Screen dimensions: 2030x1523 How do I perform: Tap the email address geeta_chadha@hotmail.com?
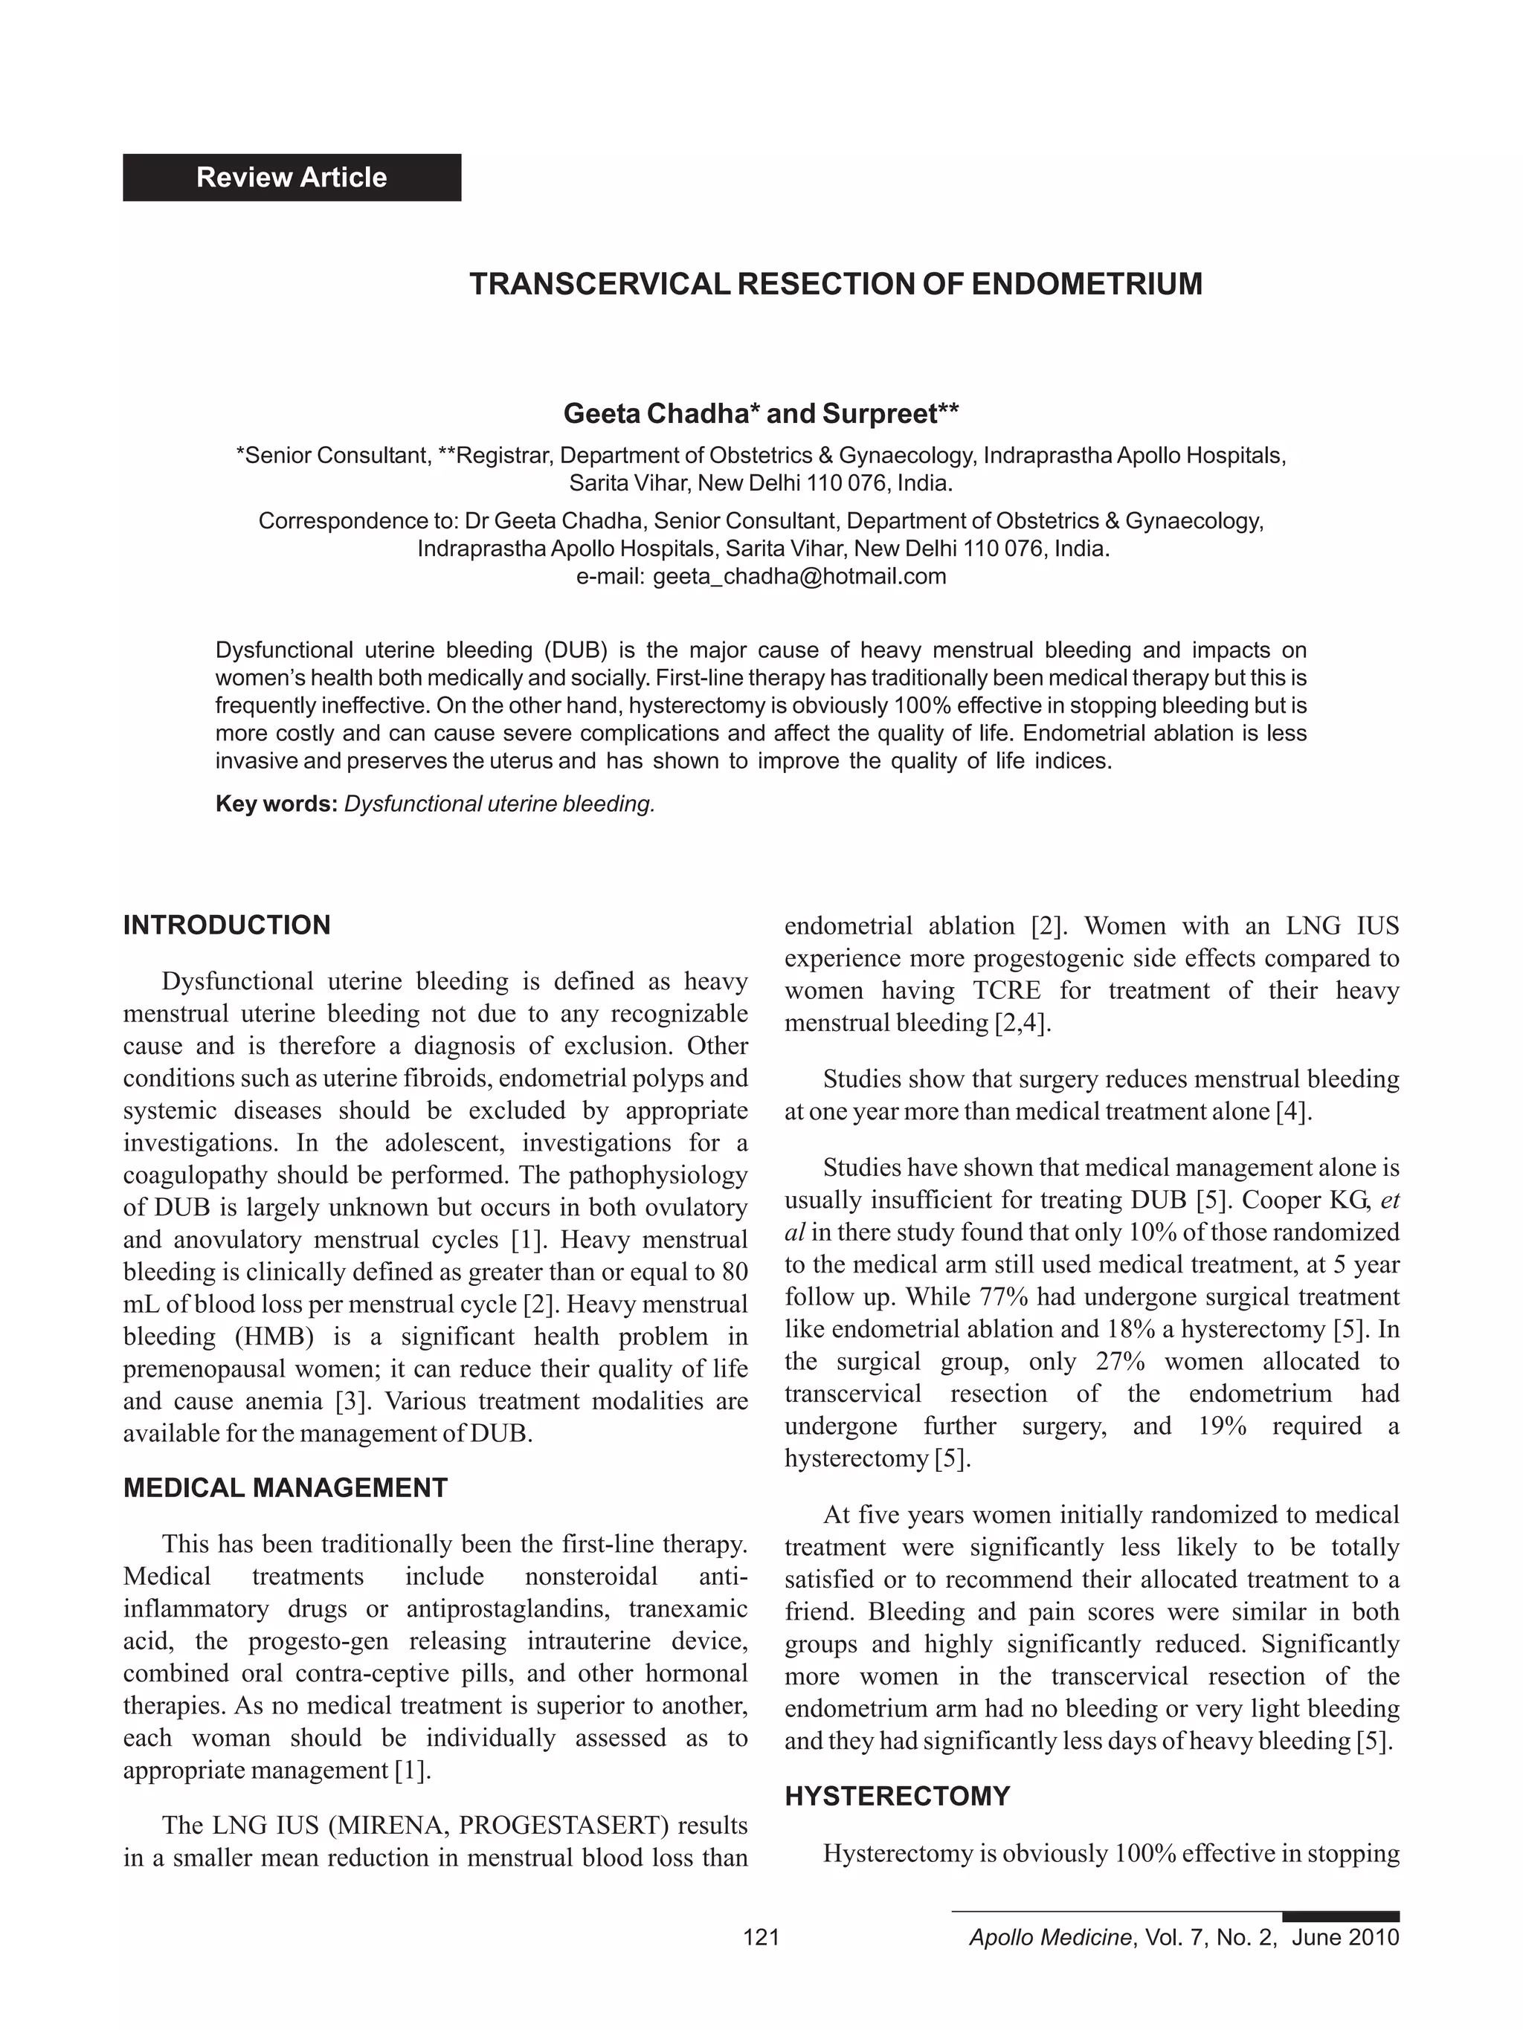point(799,576)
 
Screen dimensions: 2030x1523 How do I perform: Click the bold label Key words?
point(277,804)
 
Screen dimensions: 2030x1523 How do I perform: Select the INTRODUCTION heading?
point(227,925)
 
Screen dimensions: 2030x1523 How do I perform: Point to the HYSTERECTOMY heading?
point(897,1797)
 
